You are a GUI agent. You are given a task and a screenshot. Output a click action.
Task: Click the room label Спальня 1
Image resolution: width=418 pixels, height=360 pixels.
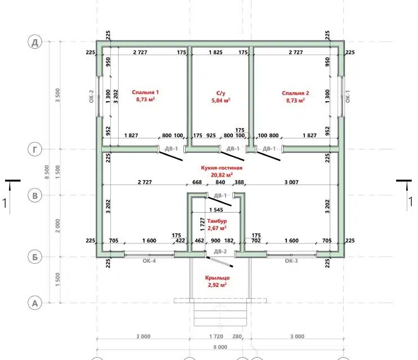tap(145, 92)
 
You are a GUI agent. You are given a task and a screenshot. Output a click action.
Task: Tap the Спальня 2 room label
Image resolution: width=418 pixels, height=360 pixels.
tap(295, 93)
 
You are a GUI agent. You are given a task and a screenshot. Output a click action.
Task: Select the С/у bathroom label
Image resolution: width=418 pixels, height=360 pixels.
tap(221, 93)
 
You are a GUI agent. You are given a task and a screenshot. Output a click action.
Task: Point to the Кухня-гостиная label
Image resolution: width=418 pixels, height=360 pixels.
tap(222, 168)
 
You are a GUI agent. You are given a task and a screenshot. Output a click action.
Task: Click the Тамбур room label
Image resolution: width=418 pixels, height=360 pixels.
tap(217, 221)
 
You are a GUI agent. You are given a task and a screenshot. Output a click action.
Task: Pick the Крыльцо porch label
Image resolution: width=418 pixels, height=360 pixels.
tap(217, 278)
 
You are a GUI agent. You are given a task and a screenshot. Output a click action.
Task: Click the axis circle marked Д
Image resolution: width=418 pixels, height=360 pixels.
tap(35, 42)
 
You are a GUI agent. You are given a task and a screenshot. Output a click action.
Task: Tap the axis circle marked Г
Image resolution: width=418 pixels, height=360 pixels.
tap(35, 150)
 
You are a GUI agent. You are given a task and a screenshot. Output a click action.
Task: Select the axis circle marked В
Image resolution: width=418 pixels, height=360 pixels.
tap(35, 196)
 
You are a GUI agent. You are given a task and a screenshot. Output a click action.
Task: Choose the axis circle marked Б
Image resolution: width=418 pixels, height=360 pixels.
tap(35, 257)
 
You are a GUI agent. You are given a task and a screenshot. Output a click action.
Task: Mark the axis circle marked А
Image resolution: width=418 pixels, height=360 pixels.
tap(35, 303)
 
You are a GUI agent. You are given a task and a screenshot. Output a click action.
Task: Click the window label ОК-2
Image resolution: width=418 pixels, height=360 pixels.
tap(92, 96)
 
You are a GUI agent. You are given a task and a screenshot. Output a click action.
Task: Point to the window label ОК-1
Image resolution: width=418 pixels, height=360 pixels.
tap(348, 96)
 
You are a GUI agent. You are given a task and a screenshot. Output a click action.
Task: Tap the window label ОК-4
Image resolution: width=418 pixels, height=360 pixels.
tap(149, 261)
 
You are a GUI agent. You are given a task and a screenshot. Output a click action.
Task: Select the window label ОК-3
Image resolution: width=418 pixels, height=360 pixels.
tap(291, 261)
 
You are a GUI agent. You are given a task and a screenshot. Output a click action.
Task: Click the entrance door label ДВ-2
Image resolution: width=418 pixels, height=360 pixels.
tap(220, 251)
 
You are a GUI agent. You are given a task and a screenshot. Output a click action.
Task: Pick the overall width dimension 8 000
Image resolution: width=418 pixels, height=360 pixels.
tap(220, 347)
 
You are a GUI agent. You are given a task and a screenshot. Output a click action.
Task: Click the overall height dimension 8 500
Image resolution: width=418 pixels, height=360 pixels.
tap(47, 172)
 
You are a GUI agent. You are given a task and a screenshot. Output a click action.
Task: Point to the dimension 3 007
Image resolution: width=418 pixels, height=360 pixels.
tap(291, 182)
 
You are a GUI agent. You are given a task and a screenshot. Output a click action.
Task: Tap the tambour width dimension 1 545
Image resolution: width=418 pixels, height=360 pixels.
tap(216, 210)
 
